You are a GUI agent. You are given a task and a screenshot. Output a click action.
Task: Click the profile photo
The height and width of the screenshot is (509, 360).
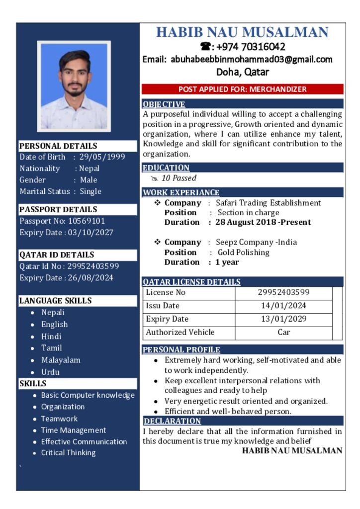tap(74, 86)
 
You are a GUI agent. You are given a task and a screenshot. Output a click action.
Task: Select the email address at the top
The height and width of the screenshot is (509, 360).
tap(252, 60)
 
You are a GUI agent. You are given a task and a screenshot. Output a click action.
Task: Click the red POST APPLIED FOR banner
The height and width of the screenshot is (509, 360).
tap(242, 89)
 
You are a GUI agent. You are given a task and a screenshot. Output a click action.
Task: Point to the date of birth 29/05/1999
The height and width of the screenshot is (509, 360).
tap(102, 157)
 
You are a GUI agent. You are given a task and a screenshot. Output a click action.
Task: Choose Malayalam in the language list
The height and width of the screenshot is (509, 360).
tap(61, 360)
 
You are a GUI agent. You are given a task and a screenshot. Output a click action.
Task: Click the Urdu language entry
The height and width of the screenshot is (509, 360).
tap(50, 372)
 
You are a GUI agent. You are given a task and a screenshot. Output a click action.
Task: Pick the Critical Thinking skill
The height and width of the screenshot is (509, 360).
tap(68, 452)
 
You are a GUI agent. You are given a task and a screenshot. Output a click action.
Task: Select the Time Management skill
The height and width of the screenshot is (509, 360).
tap(73, 430)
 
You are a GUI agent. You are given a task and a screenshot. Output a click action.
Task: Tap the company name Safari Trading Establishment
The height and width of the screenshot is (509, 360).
tap(268, 203)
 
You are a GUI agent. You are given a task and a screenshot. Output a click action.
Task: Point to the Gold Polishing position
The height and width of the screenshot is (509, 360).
tap(243, 252)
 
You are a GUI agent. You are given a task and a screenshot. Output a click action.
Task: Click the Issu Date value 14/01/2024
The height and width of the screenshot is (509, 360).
tap(283, 306)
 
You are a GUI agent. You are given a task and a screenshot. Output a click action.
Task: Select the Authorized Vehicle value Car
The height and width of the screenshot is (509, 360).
tap(283, 332)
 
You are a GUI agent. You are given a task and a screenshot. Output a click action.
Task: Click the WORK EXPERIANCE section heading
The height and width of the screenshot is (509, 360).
tap(181, 192)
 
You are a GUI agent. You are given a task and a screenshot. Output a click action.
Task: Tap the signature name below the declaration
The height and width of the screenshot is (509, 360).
tap(292, 451)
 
